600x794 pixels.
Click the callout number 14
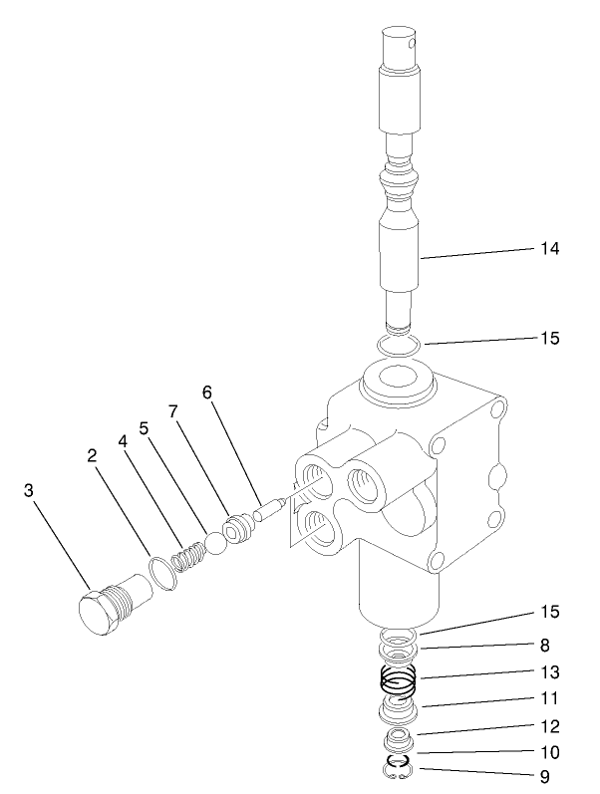pyautogui.click(x=548, y=249)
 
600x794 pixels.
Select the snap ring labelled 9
pyautogui.click(x=399, y=766)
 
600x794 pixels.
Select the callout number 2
pyautogui.click(x=92, y=455)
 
